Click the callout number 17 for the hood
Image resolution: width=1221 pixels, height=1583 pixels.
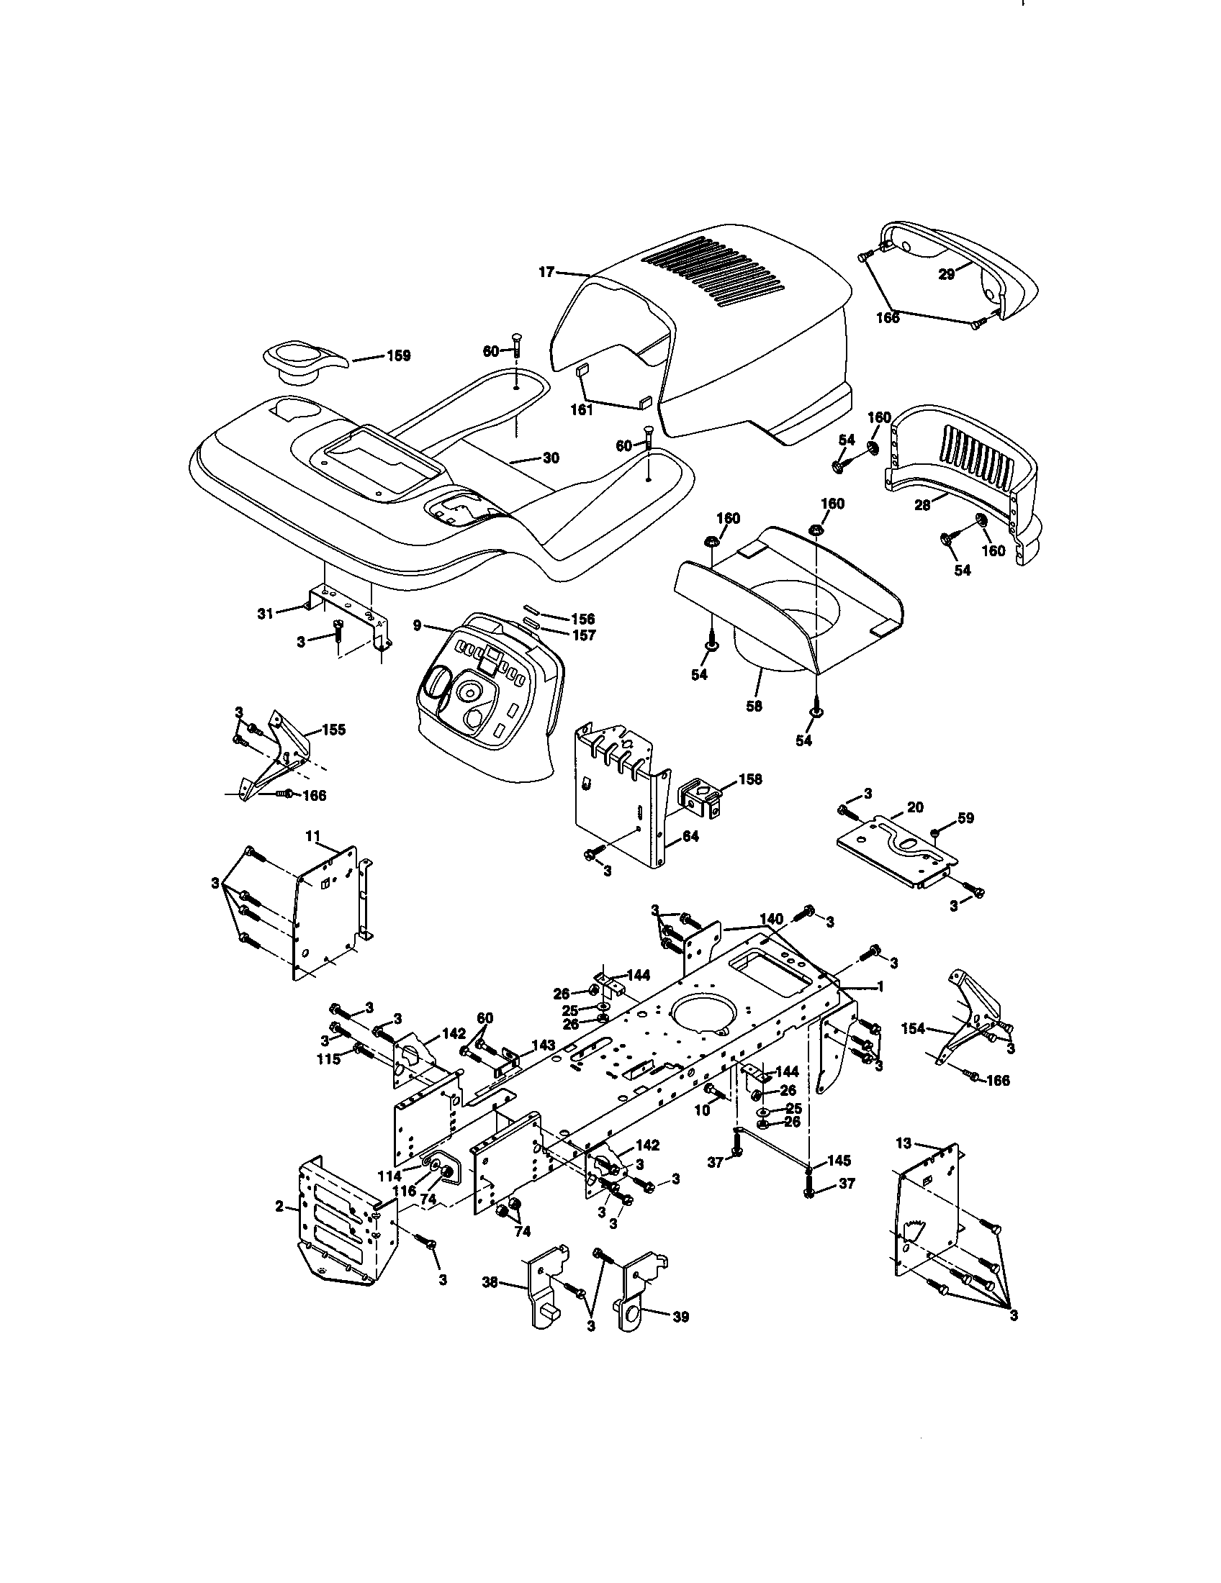pyautogui.click(x=546, y=272)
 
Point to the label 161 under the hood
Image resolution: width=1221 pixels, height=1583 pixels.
pyautogui.click(x=582, y=410)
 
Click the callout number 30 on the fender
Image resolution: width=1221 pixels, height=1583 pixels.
pyautogui.click(x=551, y=458)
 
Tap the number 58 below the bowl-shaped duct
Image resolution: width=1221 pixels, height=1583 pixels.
pyautogui.click(x=754, y=705)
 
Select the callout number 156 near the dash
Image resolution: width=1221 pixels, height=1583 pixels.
pyautogui.click(x=582, y=618)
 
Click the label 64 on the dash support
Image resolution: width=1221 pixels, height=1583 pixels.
pyautogui.click(x=690, y=836)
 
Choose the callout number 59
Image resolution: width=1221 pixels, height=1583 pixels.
pyautogui.click(x=965, y=817)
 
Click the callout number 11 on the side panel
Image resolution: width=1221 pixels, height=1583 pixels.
pyautogui.click(x=312, y=835)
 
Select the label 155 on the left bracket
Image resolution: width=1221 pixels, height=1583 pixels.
pyautogui.click(x=333, y=729)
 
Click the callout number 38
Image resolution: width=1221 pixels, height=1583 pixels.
pyautogui.click(x=491, y=1282)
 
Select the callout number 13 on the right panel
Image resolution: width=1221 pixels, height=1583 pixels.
pyautogui.click(x=904, y=1144)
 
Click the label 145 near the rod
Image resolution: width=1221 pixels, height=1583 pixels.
pyautogui.click(x=838, y=1161)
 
